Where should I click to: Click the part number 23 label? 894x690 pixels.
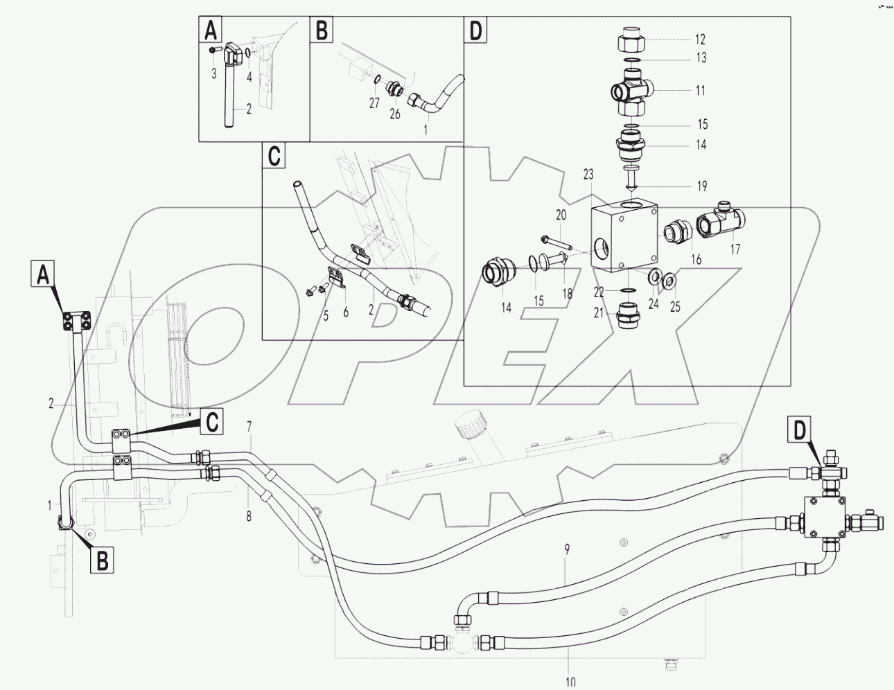[x=588, y=176]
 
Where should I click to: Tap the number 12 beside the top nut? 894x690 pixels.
[x=700, y=39]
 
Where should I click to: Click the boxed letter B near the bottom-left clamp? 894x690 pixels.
[x=102, y=560]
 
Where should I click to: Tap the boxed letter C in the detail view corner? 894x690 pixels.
[x=274, y=157]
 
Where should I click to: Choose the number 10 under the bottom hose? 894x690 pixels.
[x=570, y=682]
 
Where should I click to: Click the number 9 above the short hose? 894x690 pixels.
[x=567, y=550]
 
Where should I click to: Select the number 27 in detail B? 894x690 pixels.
[x=374, y=103]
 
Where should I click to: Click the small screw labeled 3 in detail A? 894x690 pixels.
[x=212, y=49]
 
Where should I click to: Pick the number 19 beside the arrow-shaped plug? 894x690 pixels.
[x=701, y=186]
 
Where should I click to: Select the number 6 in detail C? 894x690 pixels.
[x=344, y=312]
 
